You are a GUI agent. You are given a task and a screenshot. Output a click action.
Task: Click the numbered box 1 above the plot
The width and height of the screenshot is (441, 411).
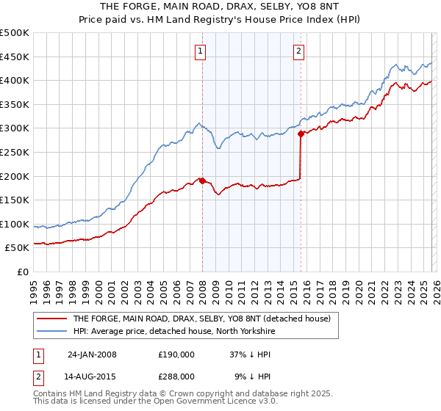pos(201,51)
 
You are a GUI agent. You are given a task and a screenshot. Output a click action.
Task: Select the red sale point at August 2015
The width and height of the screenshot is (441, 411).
pos(301,134)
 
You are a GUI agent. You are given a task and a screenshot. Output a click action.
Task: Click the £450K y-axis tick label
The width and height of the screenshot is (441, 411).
pos(16,57)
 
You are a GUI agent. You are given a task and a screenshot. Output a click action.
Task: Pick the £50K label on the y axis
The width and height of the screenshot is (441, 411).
pos(18,248)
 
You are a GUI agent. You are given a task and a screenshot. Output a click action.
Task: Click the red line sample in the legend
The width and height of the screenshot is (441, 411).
pos(51,319)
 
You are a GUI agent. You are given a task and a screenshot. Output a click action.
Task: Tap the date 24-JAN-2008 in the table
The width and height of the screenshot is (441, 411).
pos(92,354)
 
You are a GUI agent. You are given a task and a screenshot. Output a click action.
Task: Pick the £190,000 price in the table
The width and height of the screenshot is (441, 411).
pos(176,354)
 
